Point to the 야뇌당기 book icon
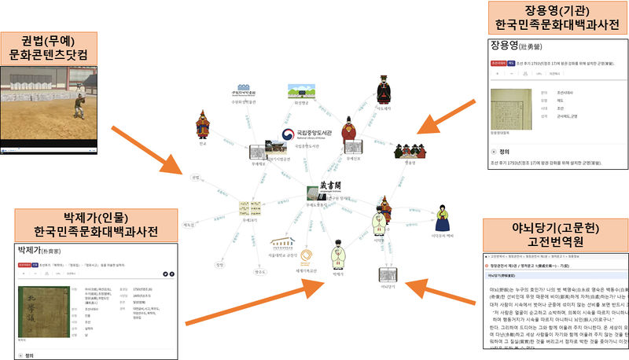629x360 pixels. pyautogui.click(x=387, y=275)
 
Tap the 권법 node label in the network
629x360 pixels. pyautogui.click(x=196, y=177)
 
